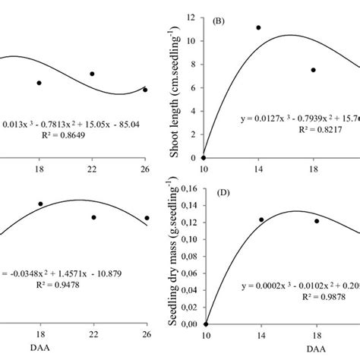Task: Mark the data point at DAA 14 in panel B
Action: coord(258,27)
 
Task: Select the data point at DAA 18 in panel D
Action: coord(317,221)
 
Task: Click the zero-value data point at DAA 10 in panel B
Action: coord(204,157)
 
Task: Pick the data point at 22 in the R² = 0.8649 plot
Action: coord(92,74)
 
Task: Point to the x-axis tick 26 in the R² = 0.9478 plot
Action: coord(145,335)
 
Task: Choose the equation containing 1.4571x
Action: coord(61,272)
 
